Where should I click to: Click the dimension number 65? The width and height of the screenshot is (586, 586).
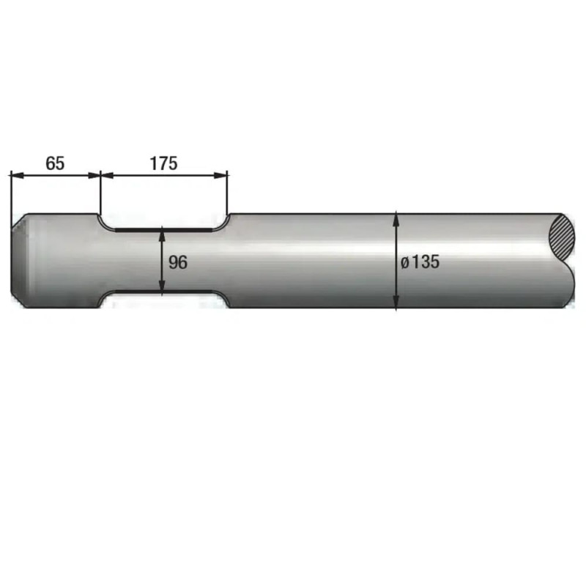click(x=55, y=163)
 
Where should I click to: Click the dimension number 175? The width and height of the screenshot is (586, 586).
click(x=163, y=163)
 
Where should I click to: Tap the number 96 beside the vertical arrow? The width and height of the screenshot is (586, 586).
click(x=178, y=262)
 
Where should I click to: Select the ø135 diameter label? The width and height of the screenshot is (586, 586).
click(x=420, y=262)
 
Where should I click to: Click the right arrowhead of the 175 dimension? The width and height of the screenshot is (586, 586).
click(x=220, y=175)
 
